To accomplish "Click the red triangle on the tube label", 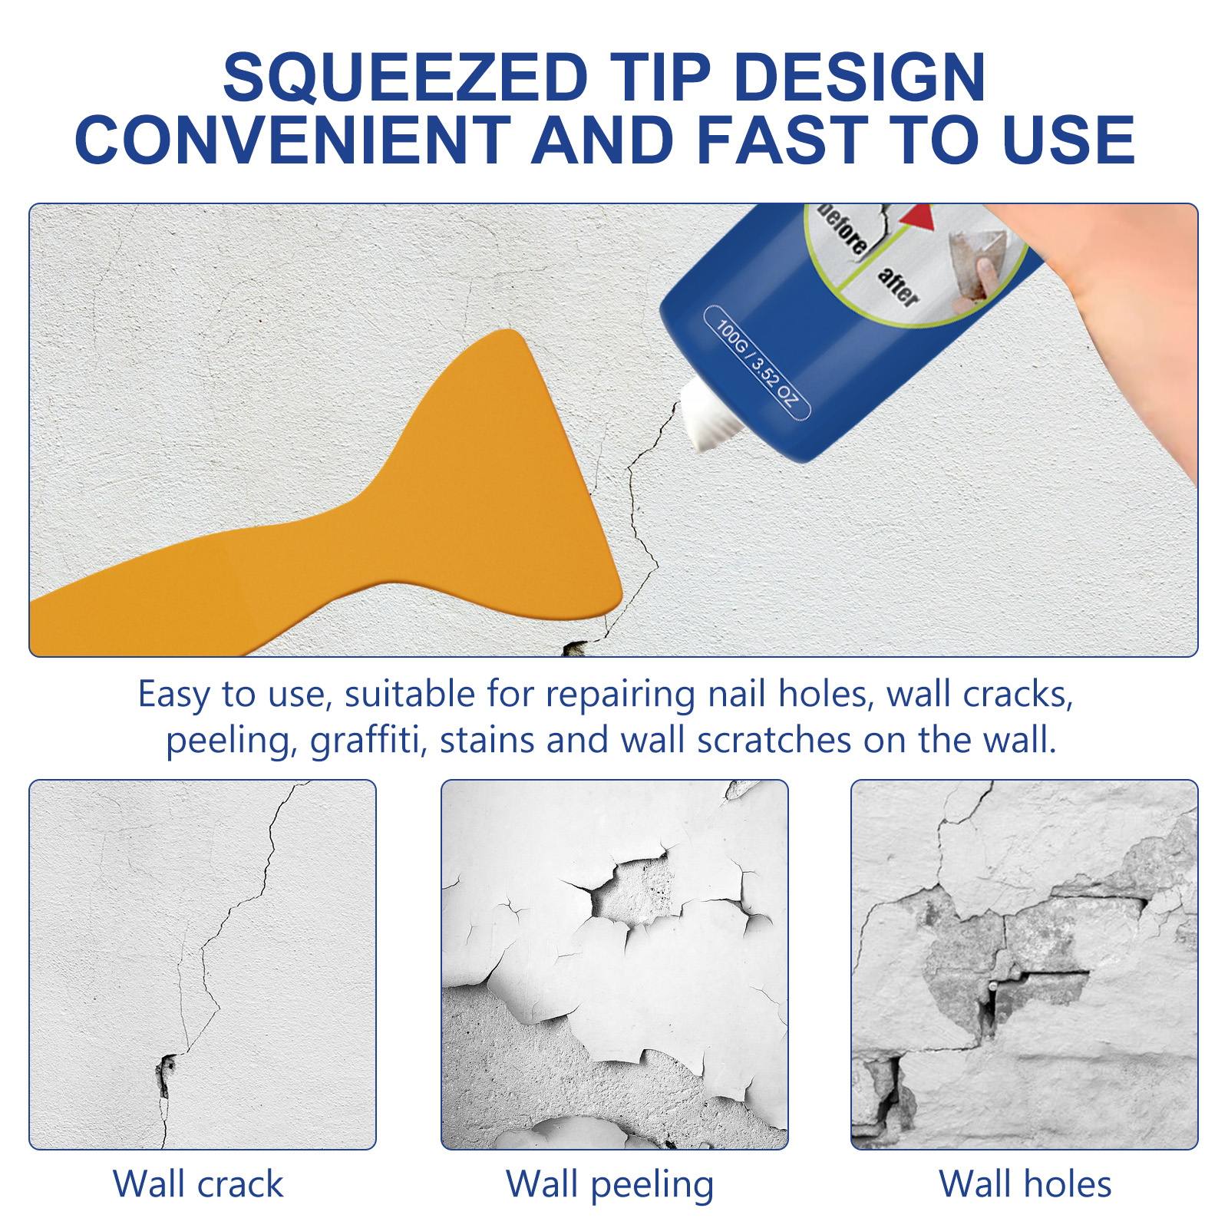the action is coord(916,216).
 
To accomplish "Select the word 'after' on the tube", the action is coord(898,286).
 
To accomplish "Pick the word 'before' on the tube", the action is coord(843,228).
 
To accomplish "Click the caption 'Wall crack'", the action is coord(198,1184).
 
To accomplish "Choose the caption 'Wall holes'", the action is coord(1025,1184).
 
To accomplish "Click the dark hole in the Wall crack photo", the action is coord(165,1073).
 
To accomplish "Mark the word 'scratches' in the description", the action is coord(774,741).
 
